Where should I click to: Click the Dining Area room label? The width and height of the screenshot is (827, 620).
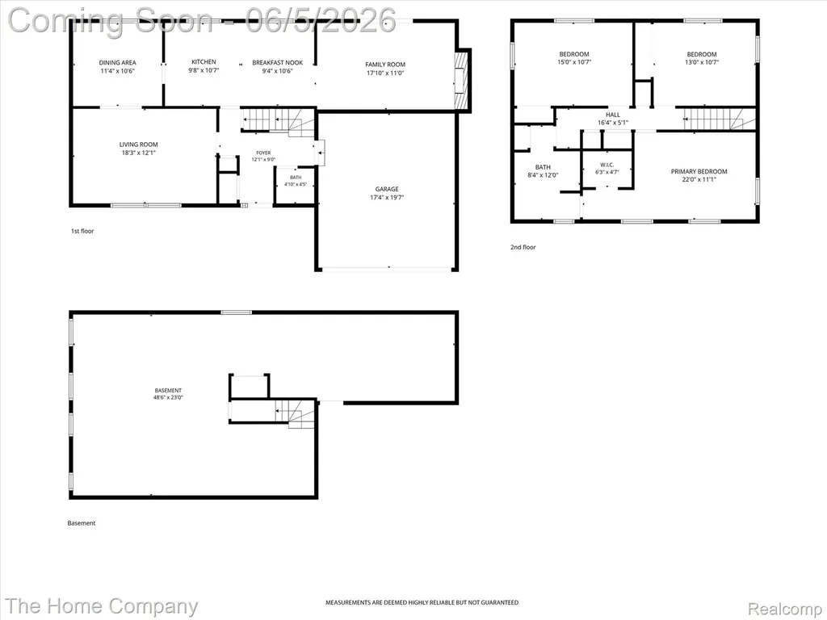117,63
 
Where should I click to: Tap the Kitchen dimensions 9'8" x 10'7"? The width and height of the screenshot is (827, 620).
204,70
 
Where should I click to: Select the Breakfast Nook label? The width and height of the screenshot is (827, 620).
278,63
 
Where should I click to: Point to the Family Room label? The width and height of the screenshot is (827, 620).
385,65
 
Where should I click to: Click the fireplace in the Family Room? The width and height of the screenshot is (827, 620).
462,80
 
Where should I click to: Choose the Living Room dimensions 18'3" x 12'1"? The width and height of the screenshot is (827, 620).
138,153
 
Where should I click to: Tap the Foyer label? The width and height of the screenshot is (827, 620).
263,153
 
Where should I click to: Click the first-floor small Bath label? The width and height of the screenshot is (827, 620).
296,178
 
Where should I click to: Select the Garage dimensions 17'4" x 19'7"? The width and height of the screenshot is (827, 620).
387,198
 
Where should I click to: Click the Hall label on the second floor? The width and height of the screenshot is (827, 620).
613,115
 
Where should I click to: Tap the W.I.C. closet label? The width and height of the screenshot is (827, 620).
607,165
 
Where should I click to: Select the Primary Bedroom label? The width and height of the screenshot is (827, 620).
699,171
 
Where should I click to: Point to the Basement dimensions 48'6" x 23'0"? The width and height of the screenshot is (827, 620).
168,397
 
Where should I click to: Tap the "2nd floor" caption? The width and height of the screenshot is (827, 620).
523,247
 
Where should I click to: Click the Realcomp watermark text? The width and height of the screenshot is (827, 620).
785,609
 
